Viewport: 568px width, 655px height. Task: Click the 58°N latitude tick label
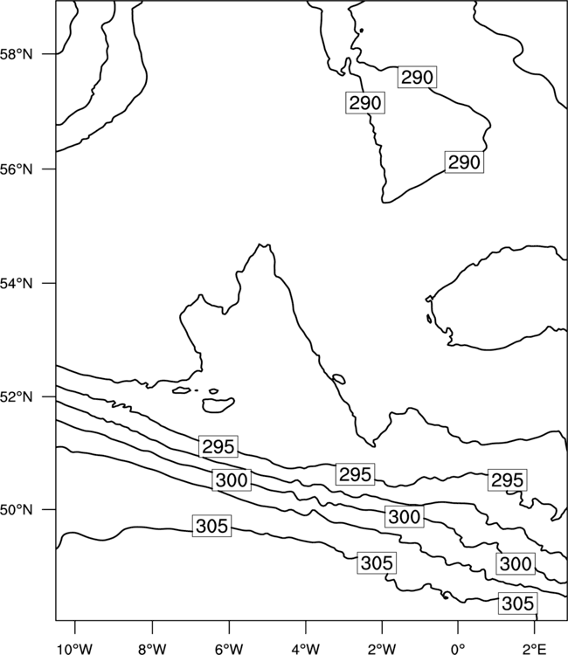[x=17, y=54]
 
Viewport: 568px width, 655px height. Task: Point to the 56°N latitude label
[x=17, y=169]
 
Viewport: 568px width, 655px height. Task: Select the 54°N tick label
[x=17, y=284]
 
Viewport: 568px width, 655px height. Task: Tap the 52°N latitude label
[x=17, y=396]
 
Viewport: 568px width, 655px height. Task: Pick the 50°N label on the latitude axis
[x=17, y=510]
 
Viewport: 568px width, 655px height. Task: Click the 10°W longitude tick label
[x=75, y=649]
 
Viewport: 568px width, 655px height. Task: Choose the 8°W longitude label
[x=152, y=649]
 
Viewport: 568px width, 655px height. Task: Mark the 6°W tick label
[x=229, y=649]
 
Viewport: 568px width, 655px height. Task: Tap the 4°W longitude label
[x=306, y=649]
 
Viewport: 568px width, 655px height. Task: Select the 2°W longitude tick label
[x=382, y=649]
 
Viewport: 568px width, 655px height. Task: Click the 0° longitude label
[x=458, y=649]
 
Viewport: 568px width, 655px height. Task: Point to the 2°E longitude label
[x=535, y=649]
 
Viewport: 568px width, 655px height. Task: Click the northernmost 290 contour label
[x=417, y=77]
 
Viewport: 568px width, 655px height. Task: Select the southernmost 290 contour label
[x=464, y=162]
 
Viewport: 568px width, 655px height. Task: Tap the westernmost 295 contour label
[x=218, y=447]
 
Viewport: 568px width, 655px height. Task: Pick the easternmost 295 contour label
[x=508, y=480]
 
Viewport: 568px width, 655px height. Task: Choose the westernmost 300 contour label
[x=232, y=480]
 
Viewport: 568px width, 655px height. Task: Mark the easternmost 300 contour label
[x=516, y=563]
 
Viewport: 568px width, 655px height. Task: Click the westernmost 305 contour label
[x=211, y=526]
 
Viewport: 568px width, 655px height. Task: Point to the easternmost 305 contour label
[x=518, y=603]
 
